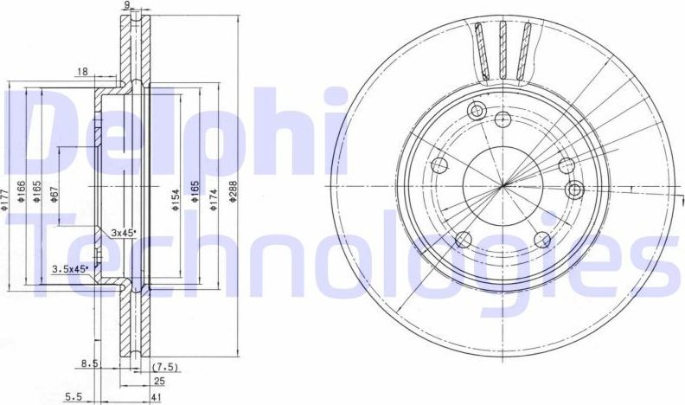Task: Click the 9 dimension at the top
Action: coord(128,6)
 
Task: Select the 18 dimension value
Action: coord(82,73)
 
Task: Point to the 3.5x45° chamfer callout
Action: coord(69,269)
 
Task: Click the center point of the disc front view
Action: coord(503,187)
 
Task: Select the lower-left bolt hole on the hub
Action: coord(462,239)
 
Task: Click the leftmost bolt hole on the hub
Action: coord(439,165)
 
